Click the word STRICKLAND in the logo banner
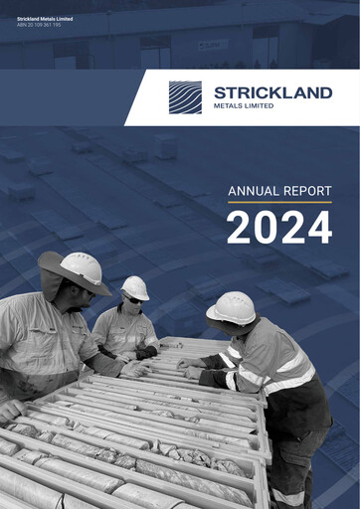[x=272, y=92]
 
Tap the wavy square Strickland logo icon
[x=185, y=97]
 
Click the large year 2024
[x=278, y=229]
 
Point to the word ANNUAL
[x=253, y=191]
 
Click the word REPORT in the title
[x=306, y=191]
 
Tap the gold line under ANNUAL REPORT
[x=278, y=203]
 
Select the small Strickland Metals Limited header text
[x=44, y=17]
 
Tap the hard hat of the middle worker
[x=135, y=287]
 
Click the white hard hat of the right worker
[x=232, y=307]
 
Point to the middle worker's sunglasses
[x=132, y=299]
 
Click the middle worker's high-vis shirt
[x=121, y=329]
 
